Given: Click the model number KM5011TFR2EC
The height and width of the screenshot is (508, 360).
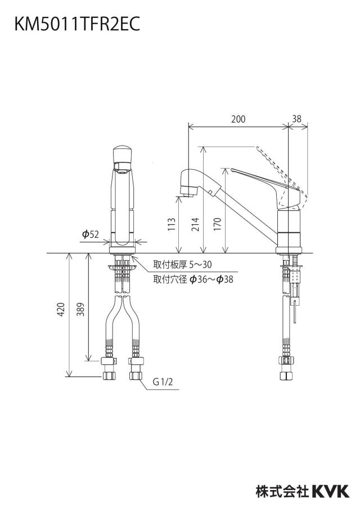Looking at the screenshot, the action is click(x=77, y=24).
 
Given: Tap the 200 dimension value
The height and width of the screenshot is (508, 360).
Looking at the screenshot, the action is click(x=238, y=119).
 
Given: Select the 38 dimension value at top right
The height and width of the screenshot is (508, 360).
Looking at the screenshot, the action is click(x=297, y=119).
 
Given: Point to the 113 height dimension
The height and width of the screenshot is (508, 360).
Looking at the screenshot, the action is click(x=172, y=224).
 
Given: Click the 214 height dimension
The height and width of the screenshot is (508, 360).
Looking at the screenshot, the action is click(x=196, y=224).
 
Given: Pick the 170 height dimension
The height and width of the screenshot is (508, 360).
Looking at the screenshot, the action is click(x=218, y=224).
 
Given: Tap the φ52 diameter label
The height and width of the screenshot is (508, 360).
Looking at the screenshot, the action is click(x=91, y=234).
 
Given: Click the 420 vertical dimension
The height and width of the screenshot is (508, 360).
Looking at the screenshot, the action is click(x=61, y=310).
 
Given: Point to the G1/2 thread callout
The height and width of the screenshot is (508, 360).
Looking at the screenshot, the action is click(x=163, y=382).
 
